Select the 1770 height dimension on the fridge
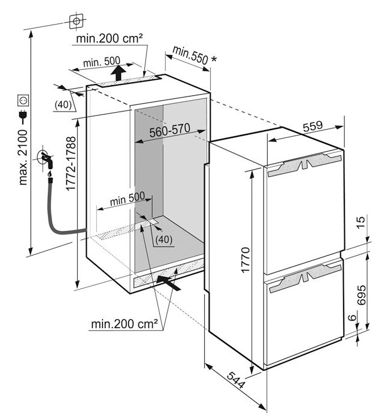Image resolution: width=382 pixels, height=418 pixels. (x=246, y=258)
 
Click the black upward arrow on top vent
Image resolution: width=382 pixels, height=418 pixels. (x=119, y=73)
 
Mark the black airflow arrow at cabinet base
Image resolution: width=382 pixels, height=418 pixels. (x=169, y=282)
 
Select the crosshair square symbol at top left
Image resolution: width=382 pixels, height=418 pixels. (x=76, y=22)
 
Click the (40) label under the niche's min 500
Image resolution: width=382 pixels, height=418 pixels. (x=163, y=239)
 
